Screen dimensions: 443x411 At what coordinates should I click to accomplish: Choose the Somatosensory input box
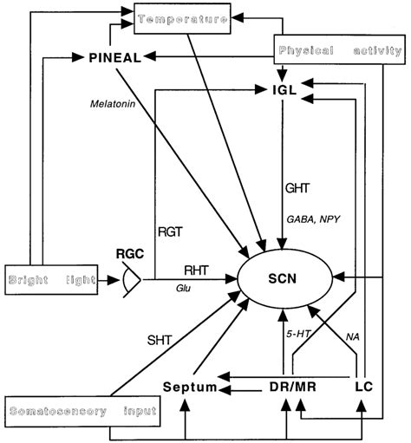click(82, 408)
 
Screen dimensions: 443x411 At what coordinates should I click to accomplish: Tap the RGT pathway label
click(170, 231)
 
